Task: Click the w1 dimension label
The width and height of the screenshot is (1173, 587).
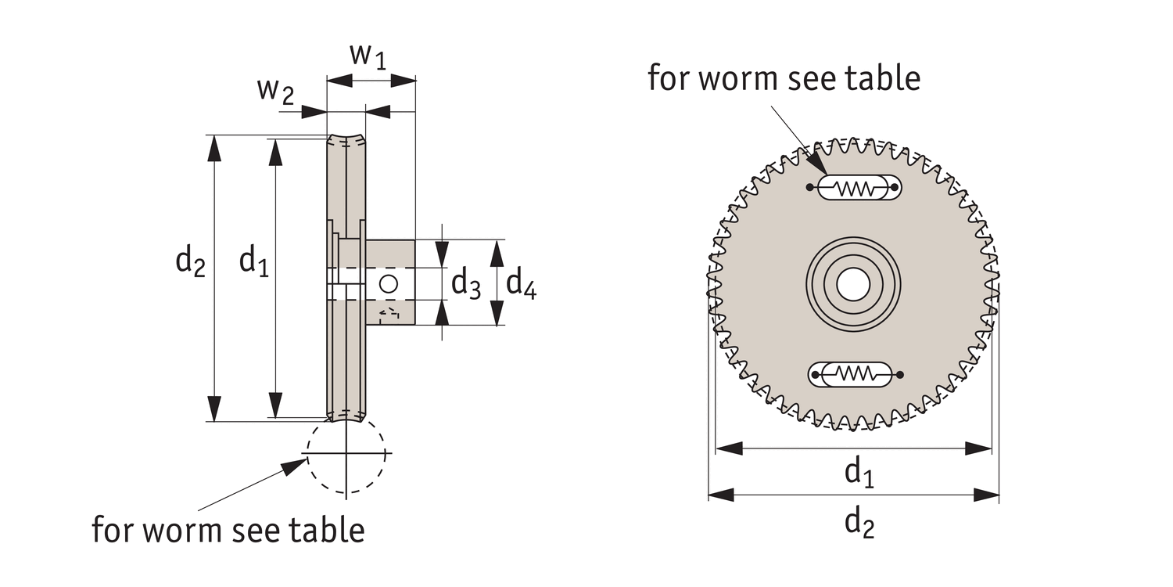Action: point(368,57)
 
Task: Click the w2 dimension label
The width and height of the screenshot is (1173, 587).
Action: point(275,92)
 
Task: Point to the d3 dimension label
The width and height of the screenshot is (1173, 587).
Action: point(466,283)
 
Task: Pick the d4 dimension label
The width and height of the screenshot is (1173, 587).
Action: point(521,283)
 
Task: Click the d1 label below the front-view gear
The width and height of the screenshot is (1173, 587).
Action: point(859,473)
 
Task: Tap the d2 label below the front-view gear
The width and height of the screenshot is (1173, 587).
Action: point(859,522)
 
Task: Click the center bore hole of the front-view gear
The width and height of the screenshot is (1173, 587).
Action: point(852,283)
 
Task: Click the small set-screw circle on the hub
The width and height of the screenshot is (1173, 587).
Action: point(389,283)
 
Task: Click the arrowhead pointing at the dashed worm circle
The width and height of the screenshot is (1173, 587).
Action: point(296,467)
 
